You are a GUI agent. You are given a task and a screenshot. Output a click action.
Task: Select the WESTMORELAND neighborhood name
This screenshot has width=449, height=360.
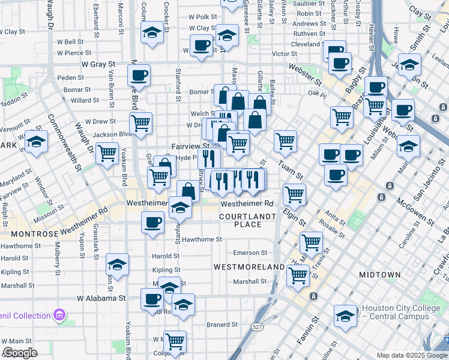249,266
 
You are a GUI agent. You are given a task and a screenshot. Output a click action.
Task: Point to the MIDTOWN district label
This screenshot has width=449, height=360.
379,274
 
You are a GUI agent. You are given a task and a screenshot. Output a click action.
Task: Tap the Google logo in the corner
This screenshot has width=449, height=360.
20,353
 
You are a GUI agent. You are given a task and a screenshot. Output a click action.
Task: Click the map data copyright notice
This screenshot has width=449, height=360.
412,355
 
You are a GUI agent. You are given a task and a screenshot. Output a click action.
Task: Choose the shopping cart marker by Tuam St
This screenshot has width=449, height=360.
285,141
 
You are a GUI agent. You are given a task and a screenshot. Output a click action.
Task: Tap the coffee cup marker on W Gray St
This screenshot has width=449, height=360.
139,76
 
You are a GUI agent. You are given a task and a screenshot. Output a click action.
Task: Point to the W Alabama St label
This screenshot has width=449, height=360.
101,297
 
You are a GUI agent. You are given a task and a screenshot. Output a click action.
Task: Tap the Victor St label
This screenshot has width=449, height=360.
284,54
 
